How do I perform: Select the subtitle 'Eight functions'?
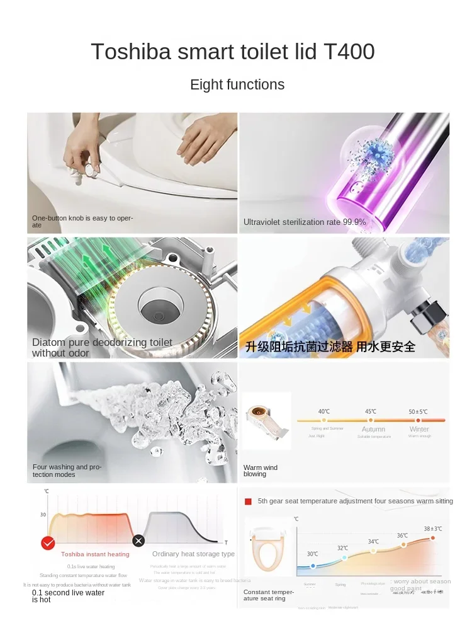click(x=237, y=85)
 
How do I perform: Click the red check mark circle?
click(x=47, y=542)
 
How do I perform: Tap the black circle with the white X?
click(x=138, y=541)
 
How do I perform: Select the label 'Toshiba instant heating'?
click(x=95, y=554)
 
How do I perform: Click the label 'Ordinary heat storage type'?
click(x=193, y=554)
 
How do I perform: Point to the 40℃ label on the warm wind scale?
click(x=323, y=411)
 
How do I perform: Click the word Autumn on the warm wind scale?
click(x=373, y=429)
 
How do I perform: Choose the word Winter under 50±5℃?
click(x=419, y=429)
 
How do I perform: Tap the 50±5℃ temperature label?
click(x=418, y=411)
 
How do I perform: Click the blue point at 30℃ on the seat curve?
click(x=313, y=566)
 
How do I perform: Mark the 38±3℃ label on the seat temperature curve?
click(x=432, y=529)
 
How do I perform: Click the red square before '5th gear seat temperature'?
click(x=248, y=501)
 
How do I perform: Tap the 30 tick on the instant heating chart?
click(x=43, y=515)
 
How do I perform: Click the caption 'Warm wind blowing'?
click(x=261, y=471)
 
